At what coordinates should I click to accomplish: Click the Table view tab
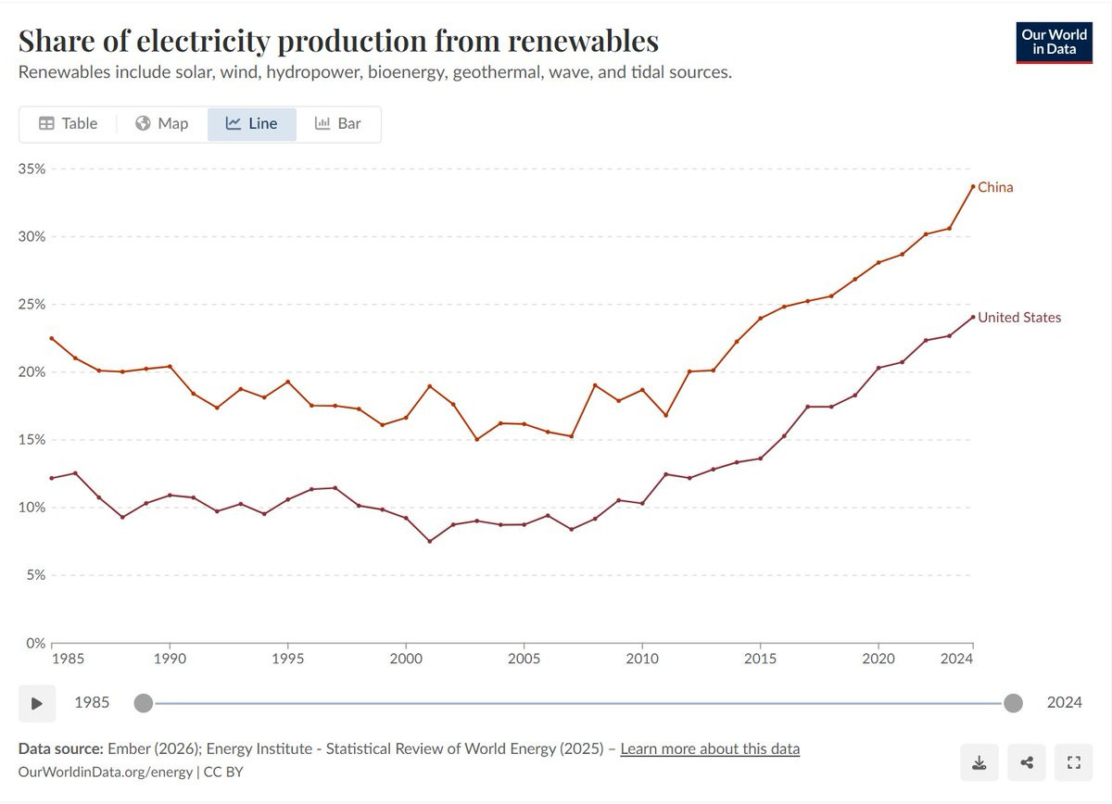[x=68, y=123]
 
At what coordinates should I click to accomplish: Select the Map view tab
[x=161, y=123]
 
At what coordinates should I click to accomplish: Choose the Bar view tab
[x=338, y=123]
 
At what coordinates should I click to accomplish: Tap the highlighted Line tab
[x=252, y=123]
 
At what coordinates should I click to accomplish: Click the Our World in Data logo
[x=1054, y=42]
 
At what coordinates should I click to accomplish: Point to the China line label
[x=995, y=187]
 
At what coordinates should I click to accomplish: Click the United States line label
[x=1019, y=317]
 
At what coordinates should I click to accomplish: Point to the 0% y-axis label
[x=35, y=643]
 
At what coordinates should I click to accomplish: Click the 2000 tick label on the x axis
[x=406, y=659]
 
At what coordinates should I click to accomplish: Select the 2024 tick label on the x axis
[x=956, y=659]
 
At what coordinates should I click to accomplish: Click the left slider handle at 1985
[x=143, y=703]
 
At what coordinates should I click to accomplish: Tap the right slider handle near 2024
[x=1013, y=703]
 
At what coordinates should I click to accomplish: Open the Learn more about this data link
[x=710, y=748]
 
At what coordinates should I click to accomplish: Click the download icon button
[x=979, y=763]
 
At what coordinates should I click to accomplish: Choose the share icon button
[x=1027, y=763]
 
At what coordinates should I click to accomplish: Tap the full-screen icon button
[x=1075, y=763]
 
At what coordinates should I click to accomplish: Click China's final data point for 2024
[x=973, y=186]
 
